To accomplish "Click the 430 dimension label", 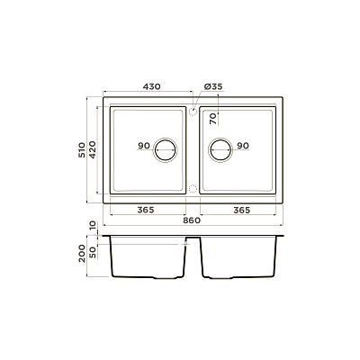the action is tap(151, 86).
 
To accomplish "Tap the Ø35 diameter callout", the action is tap(213, 86).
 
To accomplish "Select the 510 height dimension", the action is tap(82, 150).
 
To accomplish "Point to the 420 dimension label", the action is tap(92, 149).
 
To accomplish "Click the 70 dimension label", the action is tap(212, 119).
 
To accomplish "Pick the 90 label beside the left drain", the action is tap(144, 146).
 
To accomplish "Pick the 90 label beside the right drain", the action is tap(243, 146).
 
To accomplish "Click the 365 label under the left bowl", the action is tap(146, 210).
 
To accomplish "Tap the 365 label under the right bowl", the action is tap(242, 210).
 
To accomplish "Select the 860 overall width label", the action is tap(192, 220).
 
